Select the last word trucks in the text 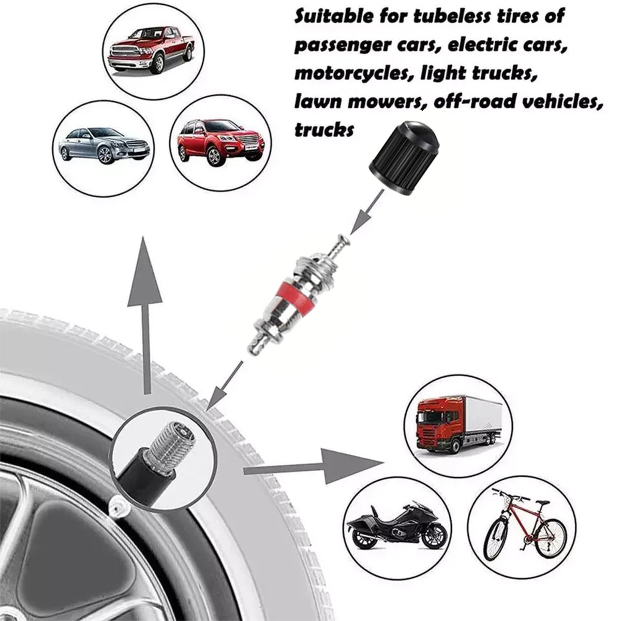coord(324,129)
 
